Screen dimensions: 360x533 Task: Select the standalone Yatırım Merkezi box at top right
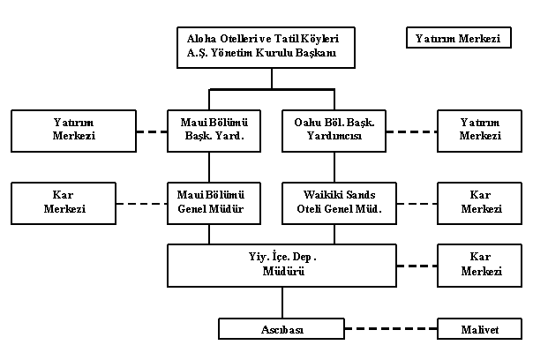coord(458,39)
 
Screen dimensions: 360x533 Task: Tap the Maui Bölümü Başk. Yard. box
coord(209,130)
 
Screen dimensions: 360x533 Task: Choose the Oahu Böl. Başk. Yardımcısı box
coord(334,130)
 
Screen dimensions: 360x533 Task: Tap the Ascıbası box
coord(282,330)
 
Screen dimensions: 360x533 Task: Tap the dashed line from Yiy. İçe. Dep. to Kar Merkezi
coord(417,265)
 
